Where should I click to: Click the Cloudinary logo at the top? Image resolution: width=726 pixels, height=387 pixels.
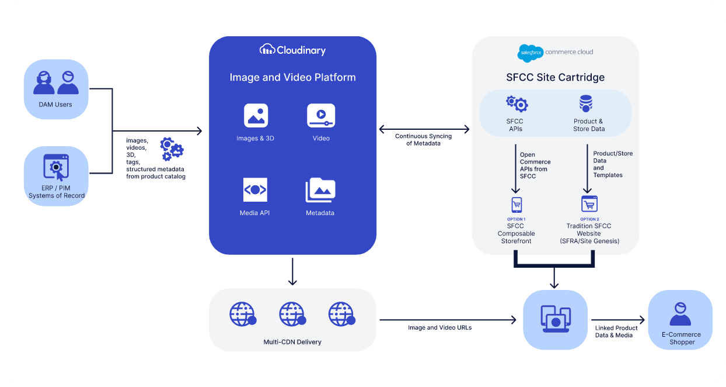[x=292, y=50]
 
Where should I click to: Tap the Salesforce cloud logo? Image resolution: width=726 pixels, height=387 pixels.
[x=530, y=53]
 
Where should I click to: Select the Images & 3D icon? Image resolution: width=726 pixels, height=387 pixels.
[x=256, y=116]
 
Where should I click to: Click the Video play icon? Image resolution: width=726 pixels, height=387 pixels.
[x=321, y=116]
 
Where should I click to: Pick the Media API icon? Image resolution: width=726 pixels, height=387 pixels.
[x=255, y=189]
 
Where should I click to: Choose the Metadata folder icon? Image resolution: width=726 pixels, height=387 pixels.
[x=320, y=189]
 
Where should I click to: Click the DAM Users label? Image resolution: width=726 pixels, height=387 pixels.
[x=55, y=105]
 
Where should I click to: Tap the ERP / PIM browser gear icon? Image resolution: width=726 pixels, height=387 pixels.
[x=56, y=167]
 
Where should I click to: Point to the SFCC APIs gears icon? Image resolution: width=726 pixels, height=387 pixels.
[x=517, y=104]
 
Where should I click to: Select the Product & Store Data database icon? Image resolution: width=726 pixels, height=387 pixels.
[x=586, y=103]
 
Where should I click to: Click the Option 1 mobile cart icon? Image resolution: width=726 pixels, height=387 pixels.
[x=516, y=205]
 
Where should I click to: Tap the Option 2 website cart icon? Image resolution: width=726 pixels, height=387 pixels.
[x=589, y=204]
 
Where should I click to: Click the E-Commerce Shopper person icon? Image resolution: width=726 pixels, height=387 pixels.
[x=680, y=314]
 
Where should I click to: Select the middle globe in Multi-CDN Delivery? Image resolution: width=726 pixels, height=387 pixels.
[x=292, y=314]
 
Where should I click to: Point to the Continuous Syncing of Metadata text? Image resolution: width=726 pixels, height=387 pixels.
[x=423, y=140]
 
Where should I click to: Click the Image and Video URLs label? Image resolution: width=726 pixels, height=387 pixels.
[x=440, y=327]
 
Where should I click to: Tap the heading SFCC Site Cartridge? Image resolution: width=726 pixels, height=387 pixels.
[x=555, y=77]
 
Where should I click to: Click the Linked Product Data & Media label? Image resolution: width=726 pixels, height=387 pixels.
[x=616, y=331]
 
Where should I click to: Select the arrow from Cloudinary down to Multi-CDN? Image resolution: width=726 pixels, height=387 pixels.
[x=292, y=272]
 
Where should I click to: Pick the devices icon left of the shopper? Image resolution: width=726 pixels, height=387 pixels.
[x=556, y=319]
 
